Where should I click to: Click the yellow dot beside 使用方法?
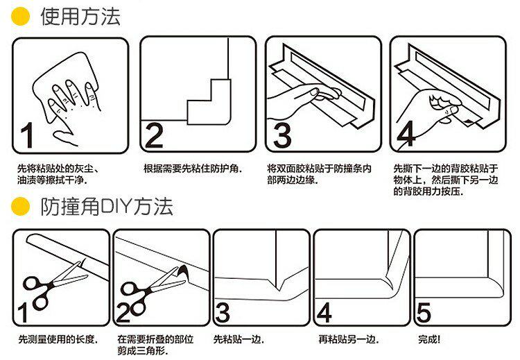[22, 17]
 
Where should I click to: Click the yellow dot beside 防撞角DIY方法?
[22, 206]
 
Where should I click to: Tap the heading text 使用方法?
[80, 17]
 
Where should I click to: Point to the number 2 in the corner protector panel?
[154, 135]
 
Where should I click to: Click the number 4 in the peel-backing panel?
[407, 134]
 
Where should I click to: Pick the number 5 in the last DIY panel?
[424, 313]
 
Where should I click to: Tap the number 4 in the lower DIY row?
[323, 313]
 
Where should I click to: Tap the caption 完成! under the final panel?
[430, 340]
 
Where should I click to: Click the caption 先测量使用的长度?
[58, 340]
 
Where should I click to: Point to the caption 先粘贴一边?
[239, 340]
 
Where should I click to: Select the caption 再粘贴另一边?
[348, 340]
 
